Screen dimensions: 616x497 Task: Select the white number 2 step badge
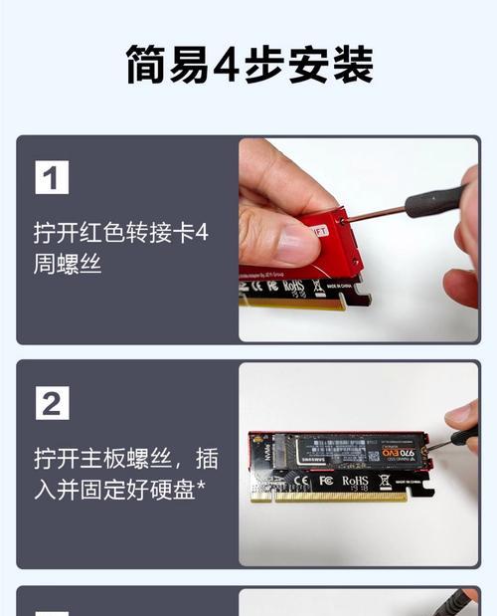click(x=52, y=403)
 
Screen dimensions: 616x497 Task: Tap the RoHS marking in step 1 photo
click(x=292, y=287)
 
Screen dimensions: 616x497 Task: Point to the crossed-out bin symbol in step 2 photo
click(x=385, y=483)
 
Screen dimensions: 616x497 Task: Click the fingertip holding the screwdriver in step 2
click(x=459, y=411)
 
